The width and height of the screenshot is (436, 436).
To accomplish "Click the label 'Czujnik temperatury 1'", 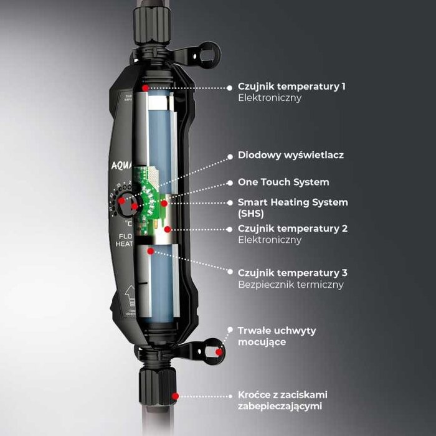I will [x=291, y=87].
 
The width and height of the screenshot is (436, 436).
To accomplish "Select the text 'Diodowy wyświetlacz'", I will [x=291, y=155].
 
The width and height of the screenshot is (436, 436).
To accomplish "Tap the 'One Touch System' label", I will [x=283, y=182].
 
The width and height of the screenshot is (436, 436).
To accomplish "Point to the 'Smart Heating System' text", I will [x=293, y=202].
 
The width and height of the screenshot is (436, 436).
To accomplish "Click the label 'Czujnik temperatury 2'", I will [x=293, y=229].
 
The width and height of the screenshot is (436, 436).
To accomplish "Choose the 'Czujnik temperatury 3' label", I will [x=293, y=273].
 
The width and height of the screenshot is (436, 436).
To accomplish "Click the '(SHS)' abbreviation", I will [x=252, y=213].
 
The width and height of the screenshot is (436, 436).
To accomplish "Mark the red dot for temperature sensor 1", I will [x=145, y=88].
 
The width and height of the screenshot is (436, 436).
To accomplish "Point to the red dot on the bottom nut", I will [x=176, y=396].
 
